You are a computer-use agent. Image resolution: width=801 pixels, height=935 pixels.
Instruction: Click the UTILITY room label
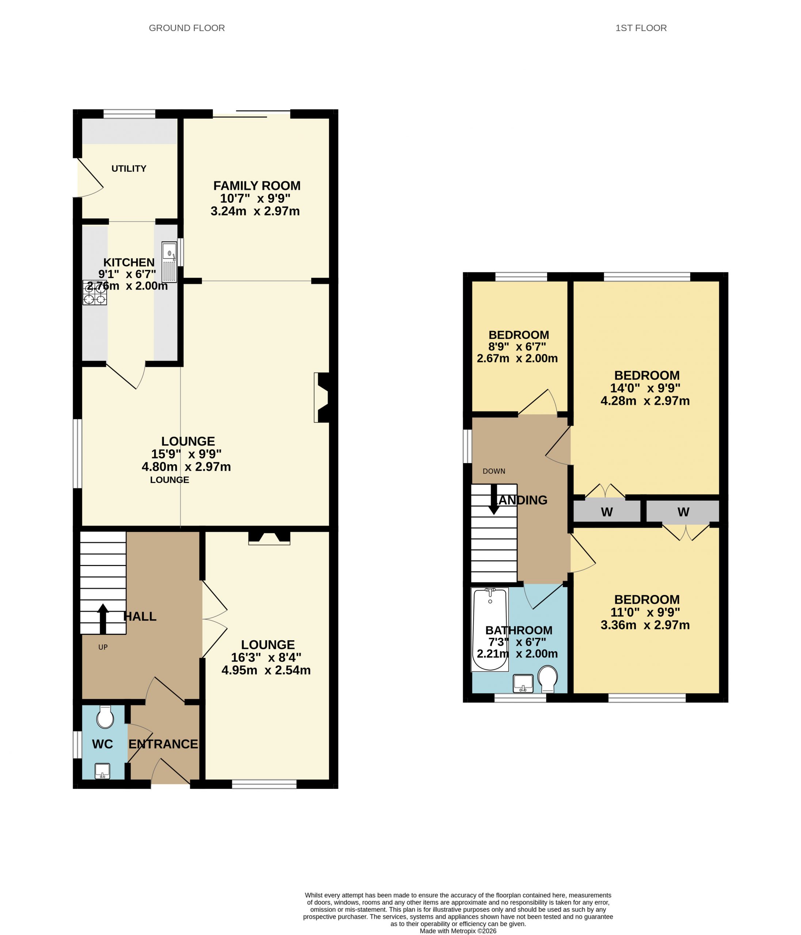tap(129, 168)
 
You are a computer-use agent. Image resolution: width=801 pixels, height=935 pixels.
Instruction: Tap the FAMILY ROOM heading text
tap(257, 186)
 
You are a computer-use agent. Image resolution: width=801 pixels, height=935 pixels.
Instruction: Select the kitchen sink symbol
tap(170, 262)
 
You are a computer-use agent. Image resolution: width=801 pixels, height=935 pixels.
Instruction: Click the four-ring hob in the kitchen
tap(95, 293)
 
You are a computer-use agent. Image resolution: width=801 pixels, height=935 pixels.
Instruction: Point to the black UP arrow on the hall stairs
tap(103, 619)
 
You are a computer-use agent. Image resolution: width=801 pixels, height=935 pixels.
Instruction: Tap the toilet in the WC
tap(105, 717)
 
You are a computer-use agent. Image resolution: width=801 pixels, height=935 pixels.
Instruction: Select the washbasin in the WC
tap(102, 771)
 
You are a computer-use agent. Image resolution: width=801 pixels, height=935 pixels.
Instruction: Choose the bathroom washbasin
tap(523, 683)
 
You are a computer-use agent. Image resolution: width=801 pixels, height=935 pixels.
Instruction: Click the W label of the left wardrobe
tap(607, 512)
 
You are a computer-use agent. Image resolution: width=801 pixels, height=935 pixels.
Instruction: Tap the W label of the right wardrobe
tap(683, 512)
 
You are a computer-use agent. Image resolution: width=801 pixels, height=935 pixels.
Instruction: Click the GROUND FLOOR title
tap(187, 28)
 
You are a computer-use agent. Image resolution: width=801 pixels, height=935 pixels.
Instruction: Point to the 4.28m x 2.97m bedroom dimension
tap(645, 401)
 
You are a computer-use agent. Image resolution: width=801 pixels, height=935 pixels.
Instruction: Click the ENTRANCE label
tap(163, 744)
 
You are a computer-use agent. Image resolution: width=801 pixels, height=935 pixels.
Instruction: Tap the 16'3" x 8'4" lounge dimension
tap(266, 657)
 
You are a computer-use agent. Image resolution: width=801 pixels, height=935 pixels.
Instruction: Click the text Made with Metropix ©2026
tap(458, 931)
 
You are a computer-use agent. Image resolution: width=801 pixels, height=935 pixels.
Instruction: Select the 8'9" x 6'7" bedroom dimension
tap(517, 347)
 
